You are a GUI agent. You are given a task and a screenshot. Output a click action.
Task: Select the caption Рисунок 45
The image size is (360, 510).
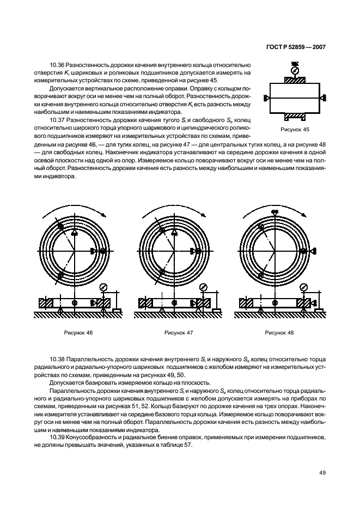click(295, 130)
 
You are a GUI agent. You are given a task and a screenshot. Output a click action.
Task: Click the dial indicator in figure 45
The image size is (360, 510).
click(295, 70)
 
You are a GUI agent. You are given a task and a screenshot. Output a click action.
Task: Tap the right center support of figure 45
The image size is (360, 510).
click(323, 98)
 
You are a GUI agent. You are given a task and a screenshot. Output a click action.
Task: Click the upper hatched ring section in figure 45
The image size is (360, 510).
click(295, 81)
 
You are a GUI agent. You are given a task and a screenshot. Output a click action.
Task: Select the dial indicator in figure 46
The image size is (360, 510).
click(103, 287)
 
